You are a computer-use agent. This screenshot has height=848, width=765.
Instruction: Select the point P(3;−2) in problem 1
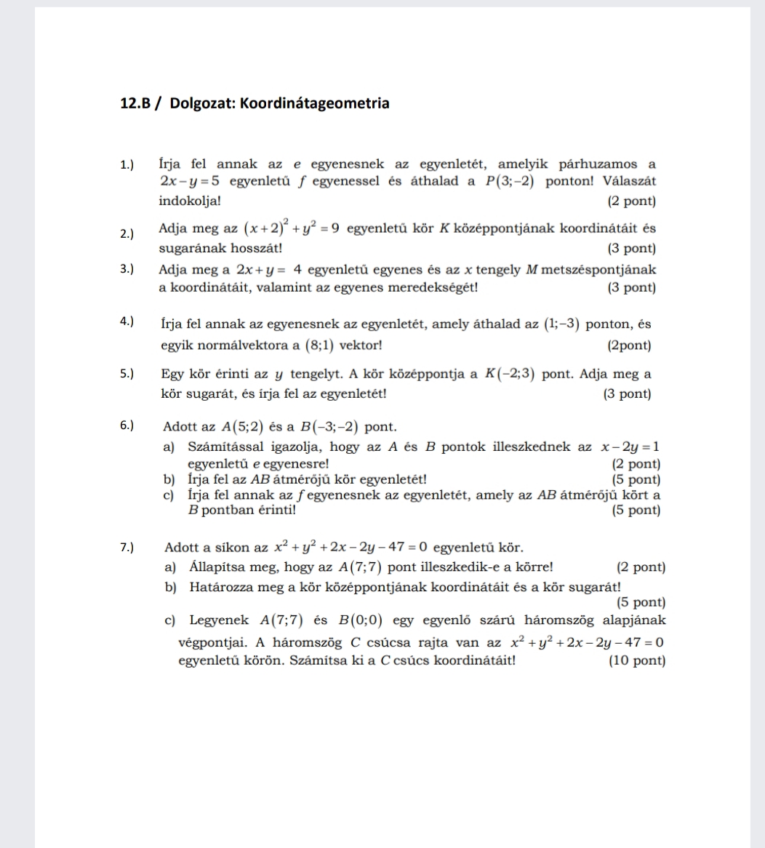[509, 181]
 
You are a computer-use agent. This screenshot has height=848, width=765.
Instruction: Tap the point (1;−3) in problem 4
[561, 324]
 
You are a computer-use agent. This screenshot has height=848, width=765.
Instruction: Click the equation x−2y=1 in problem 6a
[630, 447]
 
